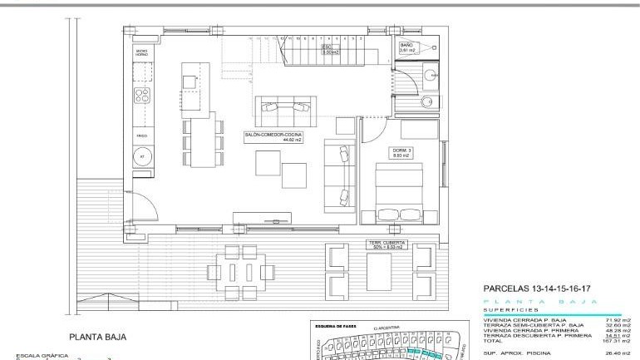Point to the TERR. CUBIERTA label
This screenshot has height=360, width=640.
[x=386, y=244]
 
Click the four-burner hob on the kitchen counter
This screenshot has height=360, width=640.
[x=142, y=94]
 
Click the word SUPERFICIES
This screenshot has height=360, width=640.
[x=510, y=310]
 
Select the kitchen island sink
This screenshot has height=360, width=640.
[x=191, y=81]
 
